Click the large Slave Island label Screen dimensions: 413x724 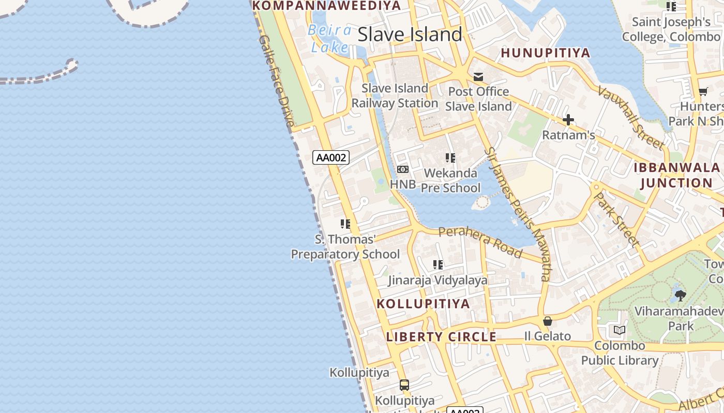click(410, 35)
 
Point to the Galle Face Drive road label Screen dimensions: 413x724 click(276, 81)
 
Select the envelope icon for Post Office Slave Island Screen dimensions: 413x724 click(478, 77)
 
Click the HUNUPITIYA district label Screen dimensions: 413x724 click(546, 53)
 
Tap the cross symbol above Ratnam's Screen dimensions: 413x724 click(568, 120)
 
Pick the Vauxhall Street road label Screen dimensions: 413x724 click(631, 117)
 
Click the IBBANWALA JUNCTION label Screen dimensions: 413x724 click(676, 175)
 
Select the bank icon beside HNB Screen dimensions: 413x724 click(403, 169)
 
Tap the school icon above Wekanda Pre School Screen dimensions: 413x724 click(450, 158)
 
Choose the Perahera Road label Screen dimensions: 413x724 click(480, 241)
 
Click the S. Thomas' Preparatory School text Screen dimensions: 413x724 click(345, 247)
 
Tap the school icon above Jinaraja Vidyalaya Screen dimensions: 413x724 click(438, 265)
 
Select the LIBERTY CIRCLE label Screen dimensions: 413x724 click(441, 337)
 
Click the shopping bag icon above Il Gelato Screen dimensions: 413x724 click(548, 321)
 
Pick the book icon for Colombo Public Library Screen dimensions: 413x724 click(619, 330)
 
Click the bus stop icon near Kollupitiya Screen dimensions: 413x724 click(404, 385)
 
